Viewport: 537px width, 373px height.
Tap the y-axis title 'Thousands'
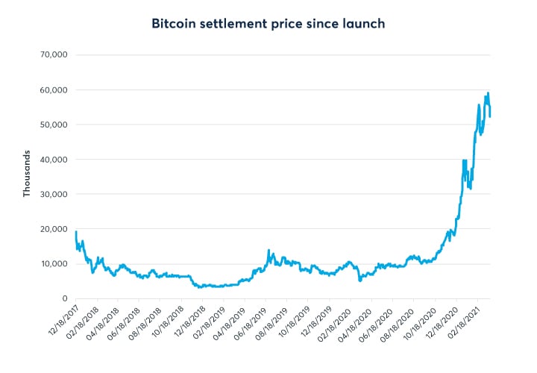pyautogui.click(x=27, y=175)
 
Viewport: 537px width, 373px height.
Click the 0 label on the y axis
pyautogui.click(x=64, y=298)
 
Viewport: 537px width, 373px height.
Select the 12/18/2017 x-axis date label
pyautogui.click(x=61, y=321)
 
